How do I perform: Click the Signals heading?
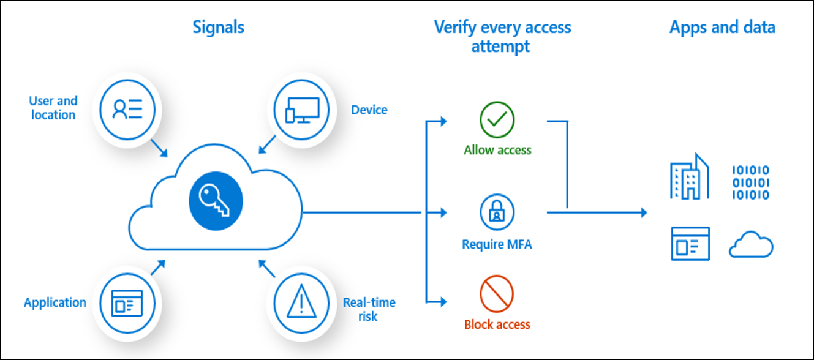coord(218,28)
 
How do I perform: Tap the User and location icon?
coord(127,109)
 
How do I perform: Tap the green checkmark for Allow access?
coord(497,120)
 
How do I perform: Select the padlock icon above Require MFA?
coord(497,212)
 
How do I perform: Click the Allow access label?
coord(497,150)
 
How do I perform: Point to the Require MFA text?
coord(497,245)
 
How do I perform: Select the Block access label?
coord(497,324)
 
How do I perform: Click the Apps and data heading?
coord(722,28)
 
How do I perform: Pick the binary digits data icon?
coord(751,182)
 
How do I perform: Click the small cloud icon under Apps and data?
coord(751,246)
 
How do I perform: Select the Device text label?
coord(369,110)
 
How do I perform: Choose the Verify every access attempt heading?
coord(502,37)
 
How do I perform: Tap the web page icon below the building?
coord(690,244)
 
